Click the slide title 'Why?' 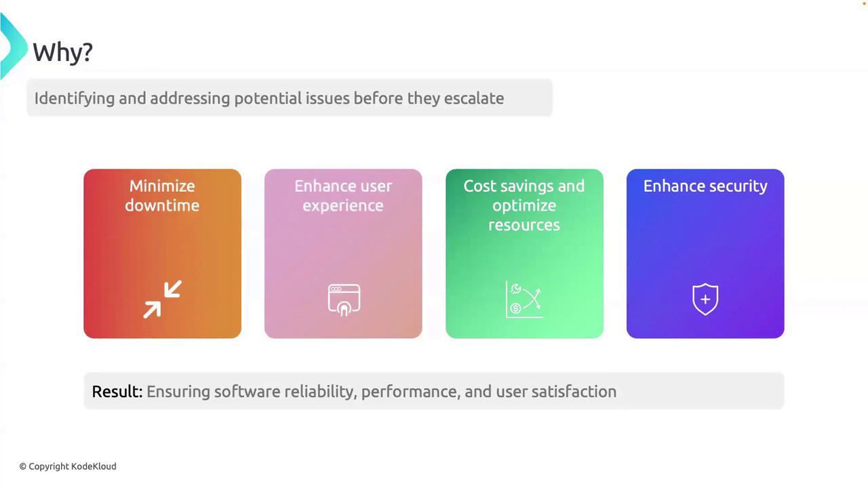point(63,52)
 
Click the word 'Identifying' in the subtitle point(75,98)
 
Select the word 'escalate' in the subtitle point(474,98)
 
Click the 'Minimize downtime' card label point(162,196)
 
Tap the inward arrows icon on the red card point(162,299)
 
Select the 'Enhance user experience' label point(343,196)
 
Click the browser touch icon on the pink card point(344,300)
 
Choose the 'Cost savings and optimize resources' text point(524,205)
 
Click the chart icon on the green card point(524,300)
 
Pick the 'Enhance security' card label point(705,186)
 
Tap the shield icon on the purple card point(705,300)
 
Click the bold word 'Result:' point(117,392)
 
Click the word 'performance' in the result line point(411,392)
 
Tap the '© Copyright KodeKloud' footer point(68,466)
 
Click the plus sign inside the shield point(705,300)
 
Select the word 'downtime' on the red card point(162,205)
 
